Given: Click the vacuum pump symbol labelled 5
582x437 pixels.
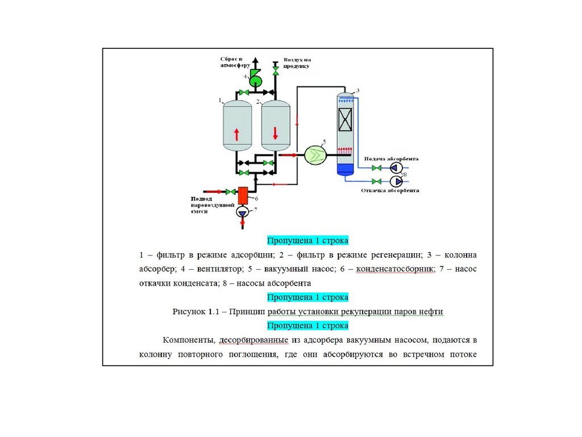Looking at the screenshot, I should [314, 154].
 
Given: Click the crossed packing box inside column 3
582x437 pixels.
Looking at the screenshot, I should [346, 121].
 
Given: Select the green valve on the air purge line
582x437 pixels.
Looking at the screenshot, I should [276, 71].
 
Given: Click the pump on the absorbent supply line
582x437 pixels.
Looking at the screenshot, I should [396, 168].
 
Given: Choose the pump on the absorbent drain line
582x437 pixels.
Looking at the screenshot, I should [396, 181].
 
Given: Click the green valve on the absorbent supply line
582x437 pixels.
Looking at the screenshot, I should [376, 168].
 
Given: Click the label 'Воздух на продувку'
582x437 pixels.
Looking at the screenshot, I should [294, 63].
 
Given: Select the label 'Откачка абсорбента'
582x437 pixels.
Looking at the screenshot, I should [390, 191].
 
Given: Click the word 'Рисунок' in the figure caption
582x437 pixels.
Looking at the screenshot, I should [188, 311].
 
